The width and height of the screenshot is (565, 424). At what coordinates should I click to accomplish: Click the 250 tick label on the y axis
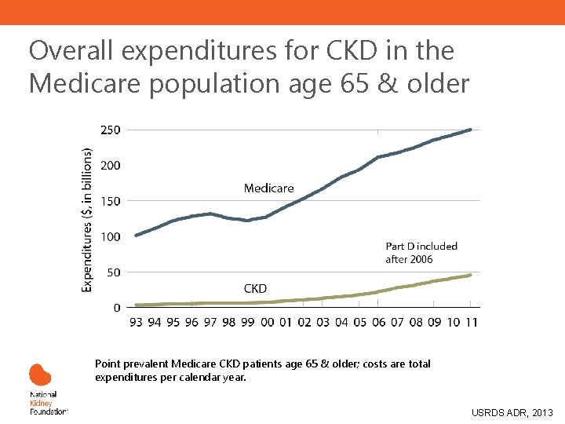tap(110, 130)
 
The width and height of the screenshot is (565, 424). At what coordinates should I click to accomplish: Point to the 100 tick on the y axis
tap(110, 236)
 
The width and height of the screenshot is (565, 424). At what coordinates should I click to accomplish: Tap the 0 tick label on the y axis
tap(116, 308)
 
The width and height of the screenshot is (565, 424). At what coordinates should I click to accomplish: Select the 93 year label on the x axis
tap(136, 322)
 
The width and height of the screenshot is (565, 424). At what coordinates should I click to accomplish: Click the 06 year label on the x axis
tap(378, 322)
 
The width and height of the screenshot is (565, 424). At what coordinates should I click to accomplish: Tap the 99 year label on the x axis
tap(248, 322)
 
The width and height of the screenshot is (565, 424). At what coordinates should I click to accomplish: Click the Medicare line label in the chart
tap(268, 188)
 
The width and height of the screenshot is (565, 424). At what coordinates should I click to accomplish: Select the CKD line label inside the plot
tap(255, 289)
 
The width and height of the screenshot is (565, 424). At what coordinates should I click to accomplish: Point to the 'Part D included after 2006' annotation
tap(421, 253)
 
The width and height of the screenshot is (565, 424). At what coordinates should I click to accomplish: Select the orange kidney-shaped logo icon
tap(40, 375)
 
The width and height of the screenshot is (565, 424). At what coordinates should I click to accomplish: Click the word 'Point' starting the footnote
tap(108, 364)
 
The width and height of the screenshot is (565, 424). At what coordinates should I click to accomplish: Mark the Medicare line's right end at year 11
tap(470, 130)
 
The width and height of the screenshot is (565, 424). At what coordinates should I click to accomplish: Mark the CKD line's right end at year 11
tap(470, 275)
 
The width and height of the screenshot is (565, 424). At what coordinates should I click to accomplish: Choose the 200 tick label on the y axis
tap(110, 166)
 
